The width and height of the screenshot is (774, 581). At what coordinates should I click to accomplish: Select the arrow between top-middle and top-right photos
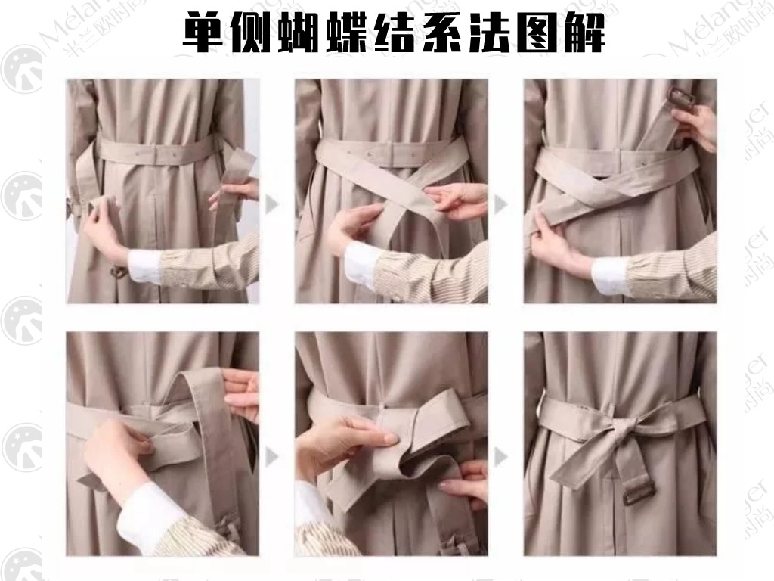click(500, 204)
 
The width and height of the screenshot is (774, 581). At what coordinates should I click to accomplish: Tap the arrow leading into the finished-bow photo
click(500, 456)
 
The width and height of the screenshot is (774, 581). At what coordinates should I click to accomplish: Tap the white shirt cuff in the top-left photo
click(143, 266)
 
